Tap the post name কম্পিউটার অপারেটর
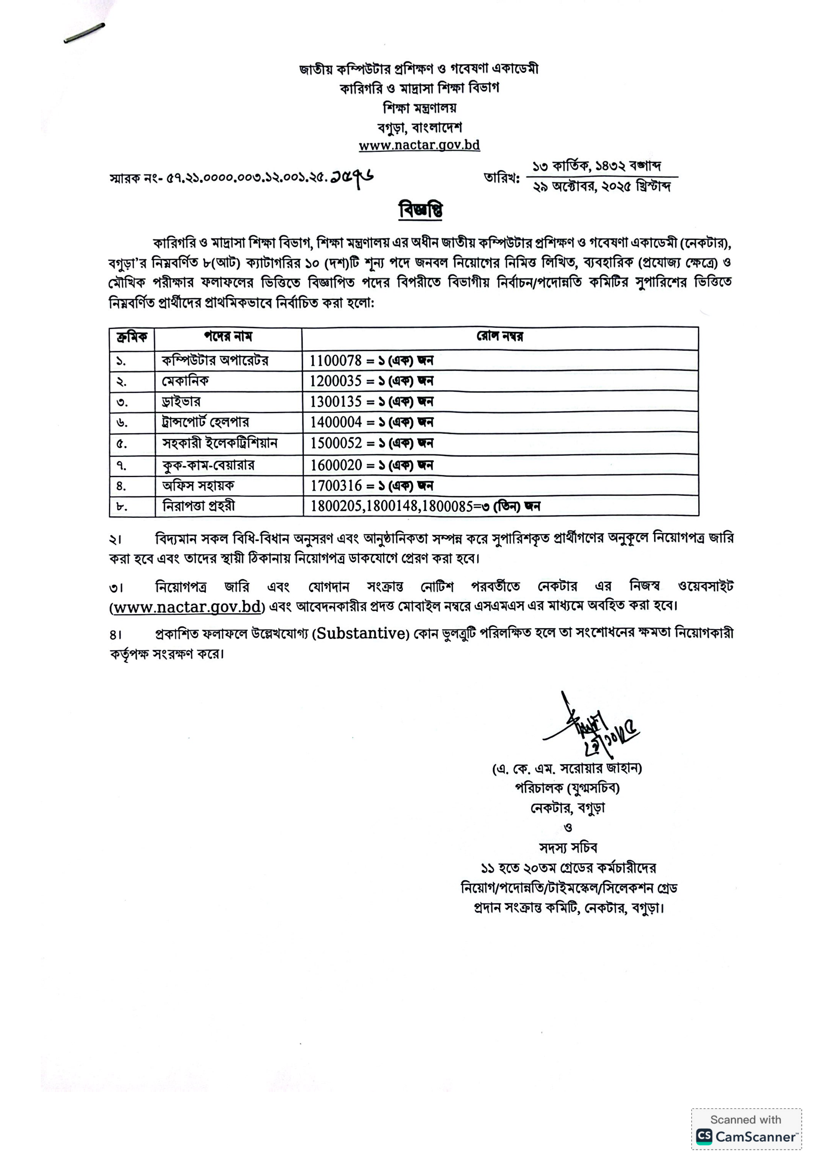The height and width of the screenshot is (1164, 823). coord(215,361)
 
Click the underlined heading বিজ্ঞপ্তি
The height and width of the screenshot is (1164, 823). coord(420,210)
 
